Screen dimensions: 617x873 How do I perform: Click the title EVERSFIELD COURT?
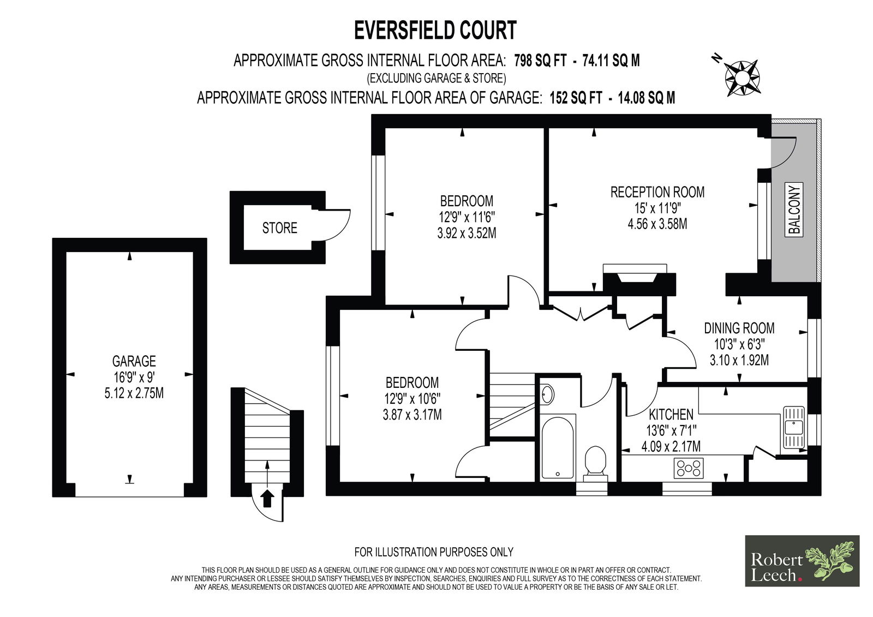435,31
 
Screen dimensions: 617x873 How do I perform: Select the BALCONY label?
795,210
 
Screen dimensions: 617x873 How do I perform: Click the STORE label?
279,228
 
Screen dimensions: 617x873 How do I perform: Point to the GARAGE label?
134,361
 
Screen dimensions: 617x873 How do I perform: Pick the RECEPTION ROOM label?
657,192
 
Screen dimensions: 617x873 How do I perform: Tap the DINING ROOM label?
739,328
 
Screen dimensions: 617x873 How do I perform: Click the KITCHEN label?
671,415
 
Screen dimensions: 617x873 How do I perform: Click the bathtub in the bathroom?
558,446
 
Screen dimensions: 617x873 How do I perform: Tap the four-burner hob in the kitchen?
689,468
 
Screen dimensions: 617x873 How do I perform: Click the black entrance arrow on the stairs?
267,498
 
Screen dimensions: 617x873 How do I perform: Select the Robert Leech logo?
802,560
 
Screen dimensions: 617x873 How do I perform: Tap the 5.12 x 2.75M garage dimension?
134,392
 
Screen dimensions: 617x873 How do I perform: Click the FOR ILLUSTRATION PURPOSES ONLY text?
434,552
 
